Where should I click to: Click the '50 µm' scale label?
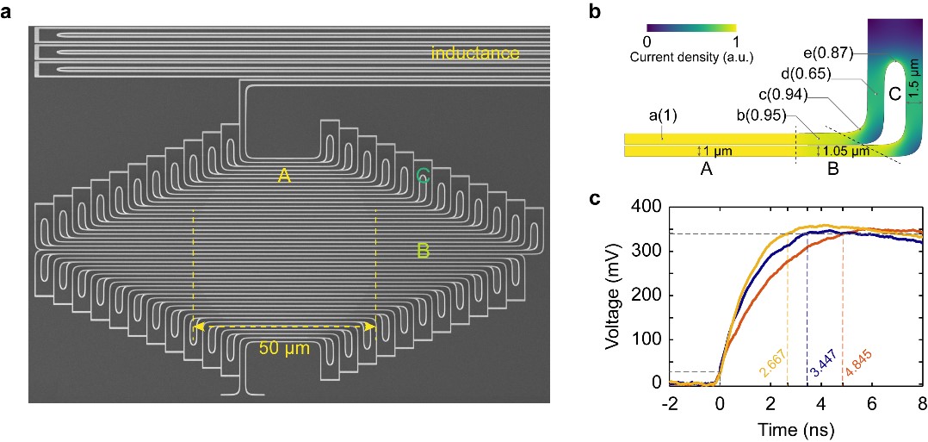(x=284, y=348)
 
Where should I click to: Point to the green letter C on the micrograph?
(x=423, y=175)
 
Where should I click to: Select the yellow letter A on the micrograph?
(x=285, y=176)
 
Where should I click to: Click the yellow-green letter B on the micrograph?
(x=423, y=252)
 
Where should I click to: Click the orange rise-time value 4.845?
(x=862, y=370)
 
